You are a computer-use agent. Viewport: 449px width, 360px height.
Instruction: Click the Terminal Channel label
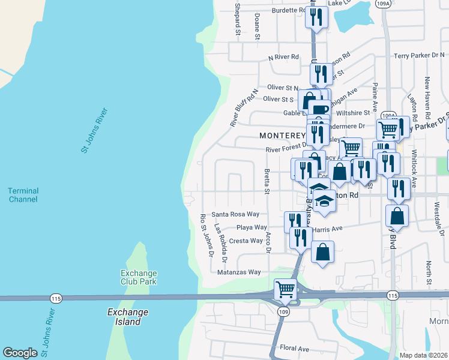pos(23,195)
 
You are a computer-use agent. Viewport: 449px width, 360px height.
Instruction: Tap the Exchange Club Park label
pos(138,277)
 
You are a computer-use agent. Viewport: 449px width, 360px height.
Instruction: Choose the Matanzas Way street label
pos(240,272)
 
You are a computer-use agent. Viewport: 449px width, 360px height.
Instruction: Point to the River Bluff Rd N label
pos(244,108)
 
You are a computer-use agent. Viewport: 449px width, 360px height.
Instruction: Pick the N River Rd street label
pos(283,57)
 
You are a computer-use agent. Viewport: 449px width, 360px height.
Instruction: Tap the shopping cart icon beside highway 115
pos(286,289)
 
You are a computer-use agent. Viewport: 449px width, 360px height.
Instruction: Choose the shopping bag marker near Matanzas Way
pos(322,252)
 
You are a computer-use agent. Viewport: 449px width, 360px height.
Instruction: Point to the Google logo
pos(20,353)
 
